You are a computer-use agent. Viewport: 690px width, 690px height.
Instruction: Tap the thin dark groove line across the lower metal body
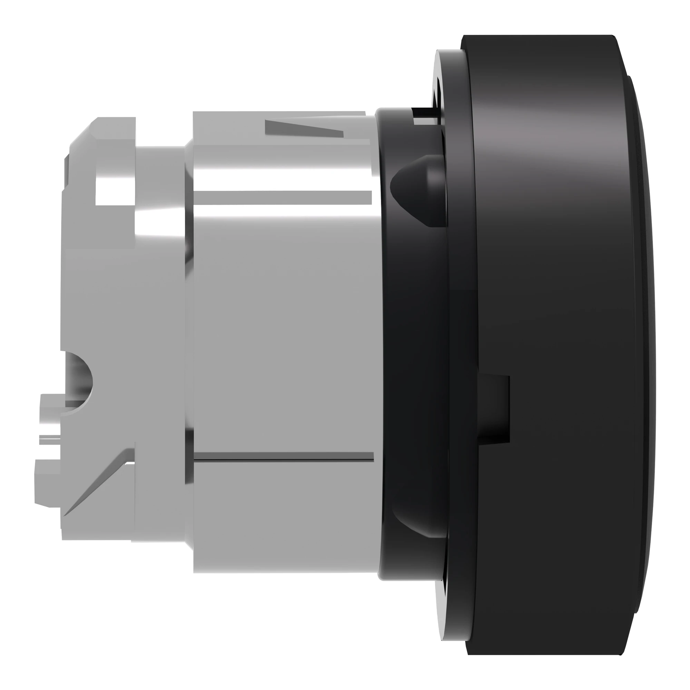click(282, 456)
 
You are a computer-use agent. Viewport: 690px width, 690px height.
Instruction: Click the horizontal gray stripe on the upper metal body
click(282, 197)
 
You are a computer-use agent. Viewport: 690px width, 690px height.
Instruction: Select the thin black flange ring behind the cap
click(459, 322)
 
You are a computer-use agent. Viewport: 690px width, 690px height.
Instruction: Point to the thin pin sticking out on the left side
click(50, 439)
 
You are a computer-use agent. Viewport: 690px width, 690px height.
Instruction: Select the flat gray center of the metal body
click(282, 322)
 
